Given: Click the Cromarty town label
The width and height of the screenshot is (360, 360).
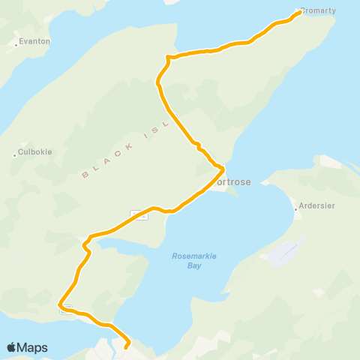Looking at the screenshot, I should tap(319, 10).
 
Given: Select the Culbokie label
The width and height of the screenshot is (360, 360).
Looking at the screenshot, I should tap(35, 151).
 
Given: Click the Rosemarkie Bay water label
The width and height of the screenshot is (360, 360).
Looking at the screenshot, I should tap(194, 260).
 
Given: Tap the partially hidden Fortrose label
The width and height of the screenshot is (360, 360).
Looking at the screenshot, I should tap(233, 181).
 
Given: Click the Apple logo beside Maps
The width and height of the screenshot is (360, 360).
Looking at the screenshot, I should tap(11, 347).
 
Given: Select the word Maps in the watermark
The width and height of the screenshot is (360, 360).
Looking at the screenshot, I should tap(32, 347).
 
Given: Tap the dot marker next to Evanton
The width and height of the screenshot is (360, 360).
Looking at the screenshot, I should tap(16, 45).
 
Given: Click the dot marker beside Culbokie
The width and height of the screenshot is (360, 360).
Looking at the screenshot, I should tap(14, 155).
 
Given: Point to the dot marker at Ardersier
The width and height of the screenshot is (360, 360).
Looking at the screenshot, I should tap(297, 209).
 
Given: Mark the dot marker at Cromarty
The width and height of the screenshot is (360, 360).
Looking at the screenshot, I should tap(299, 12).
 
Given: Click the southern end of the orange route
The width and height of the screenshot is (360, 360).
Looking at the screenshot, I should tap(125, 347).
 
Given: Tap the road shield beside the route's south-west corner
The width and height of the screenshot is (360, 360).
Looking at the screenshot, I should tap(66, 309).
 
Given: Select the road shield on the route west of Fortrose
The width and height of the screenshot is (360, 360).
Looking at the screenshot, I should tap(139, 215).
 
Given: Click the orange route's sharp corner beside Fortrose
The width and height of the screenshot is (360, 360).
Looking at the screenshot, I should tap(223, 168).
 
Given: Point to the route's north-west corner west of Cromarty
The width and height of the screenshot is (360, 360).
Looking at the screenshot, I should tap(167, 56).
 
